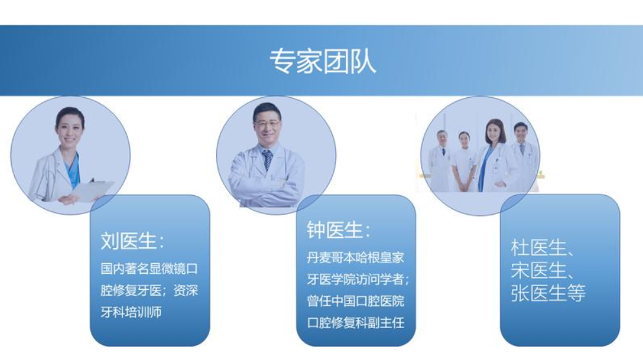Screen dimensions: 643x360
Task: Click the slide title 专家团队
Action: (x=322, y=62)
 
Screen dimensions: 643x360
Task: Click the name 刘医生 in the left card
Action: (x=128, y=241)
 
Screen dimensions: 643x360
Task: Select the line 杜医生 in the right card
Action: (x=539, y=248)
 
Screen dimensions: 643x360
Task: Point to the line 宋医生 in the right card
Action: (x=539, y=270)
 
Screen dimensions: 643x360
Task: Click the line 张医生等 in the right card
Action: (x=548, y=293)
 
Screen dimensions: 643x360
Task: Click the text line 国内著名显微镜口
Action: (x=149, y=269)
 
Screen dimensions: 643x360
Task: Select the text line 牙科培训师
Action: (x=131, y=312)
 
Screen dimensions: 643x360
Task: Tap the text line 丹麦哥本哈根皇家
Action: (x=356, y=258)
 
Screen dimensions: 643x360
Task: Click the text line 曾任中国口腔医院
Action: (x=356, y=301)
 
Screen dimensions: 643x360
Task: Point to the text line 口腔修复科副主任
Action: (x=356, y=322)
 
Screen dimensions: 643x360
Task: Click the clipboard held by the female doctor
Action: (x=92, y=191)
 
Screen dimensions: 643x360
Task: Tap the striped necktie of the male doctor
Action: (x=267, y=160)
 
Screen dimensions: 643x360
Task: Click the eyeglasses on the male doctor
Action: (x=267, y=123)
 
